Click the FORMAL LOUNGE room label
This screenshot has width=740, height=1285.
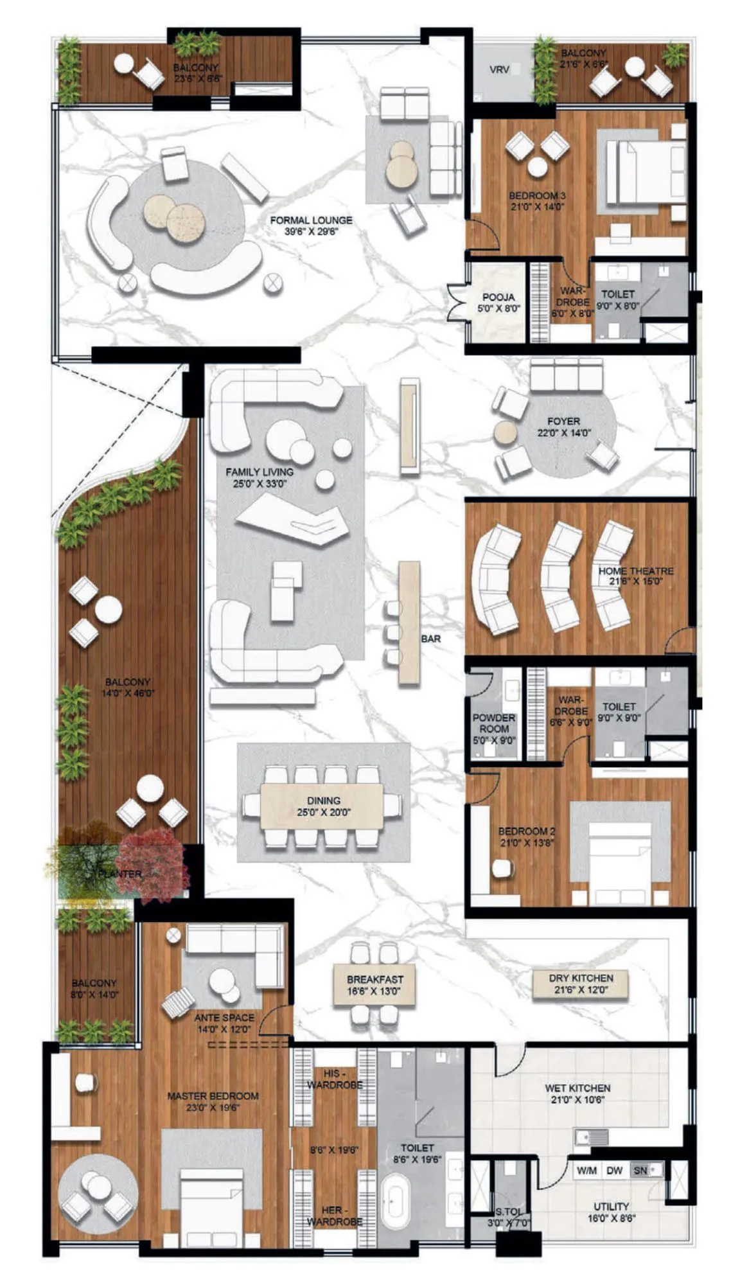coord(311,220)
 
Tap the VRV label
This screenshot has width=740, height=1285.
coord(499,69)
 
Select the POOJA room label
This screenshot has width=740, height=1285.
coord(498,297)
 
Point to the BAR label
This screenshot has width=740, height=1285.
coord(431,639)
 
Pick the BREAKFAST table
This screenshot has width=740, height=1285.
coord(375,984)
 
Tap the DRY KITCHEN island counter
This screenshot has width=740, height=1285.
coord(580,984)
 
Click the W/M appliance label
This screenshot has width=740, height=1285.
coord(586,1171)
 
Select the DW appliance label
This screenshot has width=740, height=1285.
coord(615,1171)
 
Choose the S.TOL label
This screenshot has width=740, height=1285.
coord(509,1212)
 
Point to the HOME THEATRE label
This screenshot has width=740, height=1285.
coord(636,571)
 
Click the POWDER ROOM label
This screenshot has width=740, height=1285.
coord(494,723)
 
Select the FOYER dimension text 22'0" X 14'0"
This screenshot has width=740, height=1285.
coord(563,433)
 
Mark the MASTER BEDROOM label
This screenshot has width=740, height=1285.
coord(213,1096)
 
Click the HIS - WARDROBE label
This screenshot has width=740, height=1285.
coord(334,1079)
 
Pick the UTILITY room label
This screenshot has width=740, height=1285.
coord(611,1207)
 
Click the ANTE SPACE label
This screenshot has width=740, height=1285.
coord(224,1018)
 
